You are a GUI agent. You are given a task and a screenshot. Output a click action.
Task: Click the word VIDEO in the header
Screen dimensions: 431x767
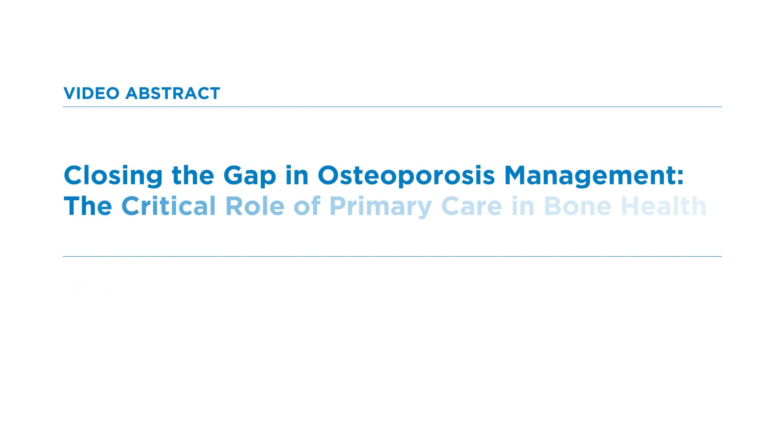(x=91, y=93)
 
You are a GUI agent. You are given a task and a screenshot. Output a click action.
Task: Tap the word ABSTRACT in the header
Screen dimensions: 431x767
(x=173, y=93)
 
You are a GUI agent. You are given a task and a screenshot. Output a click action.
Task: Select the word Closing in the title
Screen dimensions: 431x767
(x=113, y=176)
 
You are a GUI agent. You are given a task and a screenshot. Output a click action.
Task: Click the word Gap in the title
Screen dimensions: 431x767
(x=249, y=176)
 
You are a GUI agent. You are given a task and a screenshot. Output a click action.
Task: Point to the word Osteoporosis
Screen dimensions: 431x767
(x=406, y=176)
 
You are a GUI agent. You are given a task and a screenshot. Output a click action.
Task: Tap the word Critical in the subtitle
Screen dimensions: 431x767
(x=168, y=206)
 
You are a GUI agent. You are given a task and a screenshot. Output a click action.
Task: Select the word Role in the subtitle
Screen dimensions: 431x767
(x=254, y=206)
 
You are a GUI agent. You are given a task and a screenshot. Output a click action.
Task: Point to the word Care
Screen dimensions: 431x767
(x=471, y=206)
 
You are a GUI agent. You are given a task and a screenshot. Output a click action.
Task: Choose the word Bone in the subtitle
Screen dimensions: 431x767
(x=577, y=206)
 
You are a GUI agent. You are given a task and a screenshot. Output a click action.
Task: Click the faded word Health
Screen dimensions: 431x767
(x=664, y=206)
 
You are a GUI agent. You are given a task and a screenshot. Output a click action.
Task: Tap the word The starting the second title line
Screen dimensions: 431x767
(x=88, y=206)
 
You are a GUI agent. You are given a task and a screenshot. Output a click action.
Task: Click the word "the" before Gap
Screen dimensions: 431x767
(x=193, y=176)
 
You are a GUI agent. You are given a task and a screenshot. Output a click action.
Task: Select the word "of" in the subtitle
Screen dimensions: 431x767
(x=307, y=206)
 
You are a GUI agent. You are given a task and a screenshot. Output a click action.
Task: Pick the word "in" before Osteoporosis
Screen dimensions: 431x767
(x=297, y=176)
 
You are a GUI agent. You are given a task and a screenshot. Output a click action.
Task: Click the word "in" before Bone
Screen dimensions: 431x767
(x=523, y=206)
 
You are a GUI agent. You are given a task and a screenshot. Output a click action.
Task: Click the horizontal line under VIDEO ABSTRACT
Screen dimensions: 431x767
(x=392, y=107)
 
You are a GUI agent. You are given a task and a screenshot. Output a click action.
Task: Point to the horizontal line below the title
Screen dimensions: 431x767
(x=392, y=256)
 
